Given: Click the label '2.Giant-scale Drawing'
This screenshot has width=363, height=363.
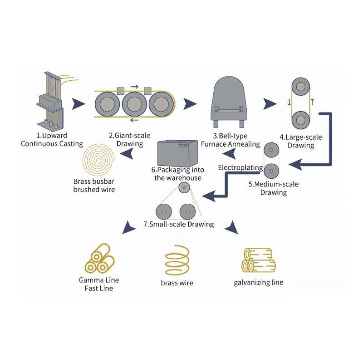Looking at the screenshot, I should pyautogui.click(x=130, y=139).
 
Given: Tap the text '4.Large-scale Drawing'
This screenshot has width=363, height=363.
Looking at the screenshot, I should pyautogui.click(x=297, y=141).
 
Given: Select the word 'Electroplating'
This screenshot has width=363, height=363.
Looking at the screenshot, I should pyautogui.click(x=240, y=167).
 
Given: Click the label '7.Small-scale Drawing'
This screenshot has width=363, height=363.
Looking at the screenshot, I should pyautogui.click(x=179, y=224).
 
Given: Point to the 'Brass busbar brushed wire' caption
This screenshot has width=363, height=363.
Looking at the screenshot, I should pyautogui.click(x=94, y=185).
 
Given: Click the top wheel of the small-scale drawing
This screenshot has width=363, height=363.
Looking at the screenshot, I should pyautogui.click(x=183, y=188).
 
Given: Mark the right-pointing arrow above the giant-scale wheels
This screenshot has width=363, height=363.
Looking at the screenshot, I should pyautogui.click(x=134, y=86).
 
